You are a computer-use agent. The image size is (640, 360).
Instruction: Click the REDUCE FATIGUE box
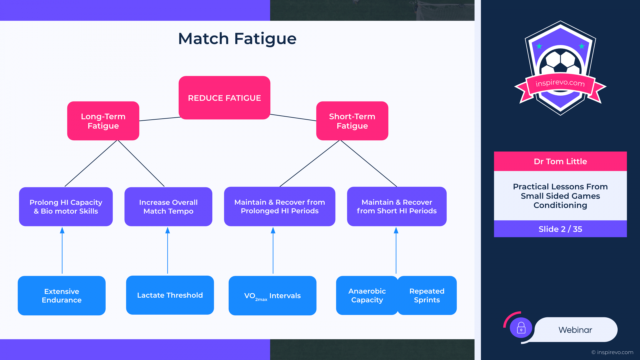pyautogui.click(x=224, y=98)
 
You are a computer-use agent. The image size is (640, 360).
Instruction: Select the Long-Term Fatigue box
pyautogui.click(x=103, y=121)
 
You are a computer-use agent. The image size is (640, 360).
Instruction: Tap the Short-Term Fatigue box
pyautogui.click(x=352, y=121)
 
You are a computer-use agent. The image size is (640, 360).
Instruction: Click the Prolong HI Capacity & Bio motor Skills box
pyautogui.click(x=66, y=207)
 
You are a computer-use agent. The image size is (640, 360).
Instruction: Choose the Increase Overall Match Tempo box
pyautogui.click(x=168, y=207)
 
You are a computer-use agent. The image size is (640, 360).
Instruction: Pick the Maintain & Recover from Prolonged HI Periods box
pyautogui.click(x=280, y=206)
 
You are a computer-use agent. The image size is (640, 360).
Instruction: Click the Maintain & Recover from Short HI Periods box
pyautogui.click(x=397, y=206)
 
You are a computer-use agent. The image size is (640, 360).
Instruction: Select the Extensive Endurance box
pyautogui.click(x=62, y=296)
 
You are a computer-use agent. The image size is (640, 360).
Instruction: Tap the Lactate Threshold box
pyautogui.click(x=170, y=295)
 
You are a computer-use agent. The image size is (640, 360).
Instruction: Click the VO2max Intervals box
pyautogui.click(x=272, y=296)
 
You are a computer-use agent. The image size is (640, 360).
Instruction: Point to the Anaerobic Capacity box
pyautogui.click(x=367, y=295)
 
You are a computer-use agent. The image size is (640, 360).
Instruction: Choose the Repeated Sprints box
pyautogui.click(x=427, y=295)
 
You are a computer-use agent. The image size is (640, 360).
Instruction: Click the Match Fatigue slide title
pyautogui.click(x=237, y=39)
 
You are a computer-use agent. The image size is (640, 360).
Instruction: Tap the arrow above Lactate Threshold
pyautogui.click(x=168, y=250)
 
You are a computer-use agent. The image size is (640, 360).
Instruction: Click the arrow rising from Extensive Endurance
pyautogui.click(x=62, y=250)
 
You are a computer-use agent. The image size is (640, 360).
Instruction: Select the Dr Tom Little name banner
pyautogui.click(x=560, y=161)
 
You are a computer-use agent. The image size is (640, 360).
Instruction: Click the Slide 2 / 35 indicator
pyautogui.click(x=560, y=229)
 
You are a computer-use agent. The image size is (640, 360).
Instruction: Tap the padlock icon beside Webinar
pyautogui.click(x=521, y=328)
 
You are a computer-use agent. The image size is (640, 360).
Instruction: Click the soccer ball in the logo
pyautogui.click(x=561, y=62)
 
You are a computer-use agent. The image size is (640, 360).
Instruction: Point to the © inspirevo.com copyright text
pyautogui.click(x=612, y=352)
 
